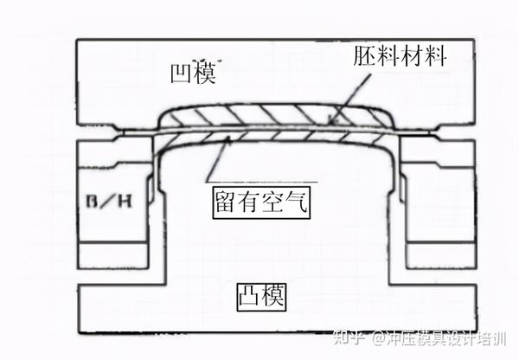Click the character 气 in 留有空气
[x=297, y=203]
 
